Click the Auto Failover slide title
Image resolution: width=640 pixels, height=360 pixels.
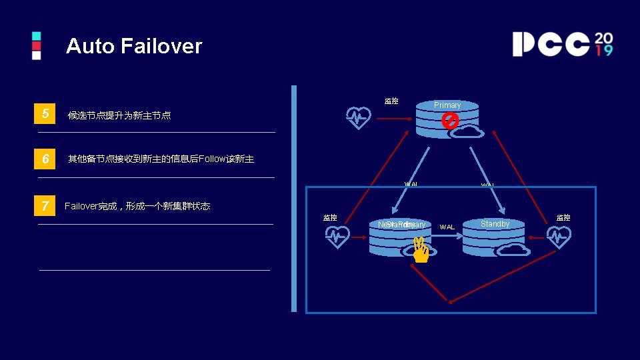click(134, 46)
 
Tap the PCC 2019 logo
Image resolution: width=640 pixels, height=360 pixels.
click(562, 44)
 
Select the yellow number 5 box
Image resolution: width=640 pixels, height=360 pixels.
click(45, 114)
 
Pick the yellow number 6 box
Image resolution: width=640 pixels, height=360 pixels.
click(45, 159)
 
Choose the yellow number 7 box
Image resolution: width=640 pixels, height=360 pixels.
click(45, 206)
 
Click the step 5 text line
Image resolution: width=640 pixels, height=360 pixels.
click(119, 115)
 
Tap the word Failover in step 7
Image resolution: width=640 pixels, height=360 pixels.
click(81, 206)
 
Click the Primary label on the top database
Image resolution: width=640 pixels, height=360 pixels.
click(447, 105)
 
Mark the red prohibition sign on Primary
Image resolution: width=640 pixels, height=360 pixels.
click(451, 121)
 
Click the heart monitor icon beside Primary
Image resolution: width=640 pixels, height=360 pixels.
click(359, 117)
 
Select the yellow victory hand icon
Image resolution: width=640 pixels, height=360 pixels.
click(420, 251)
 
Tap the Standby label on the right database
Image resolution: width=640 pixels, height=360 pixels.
click(495, 224)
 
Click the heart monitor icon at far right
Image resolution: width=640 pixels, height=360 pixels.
click(558, 236)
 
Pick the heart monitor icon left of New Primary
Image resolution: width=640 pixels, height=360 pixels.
click(337, 236)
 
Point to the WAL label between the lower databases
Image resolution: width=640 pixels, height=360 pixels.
click(447, 227)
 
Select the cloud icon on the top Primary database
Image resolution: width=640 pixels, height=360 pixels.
click(467, 131)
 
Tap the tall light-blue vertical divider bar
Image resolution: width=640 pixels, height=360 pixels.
click(293, 198)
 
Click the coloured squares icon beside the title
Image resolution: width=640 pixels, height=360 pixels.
click(37, 45)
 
